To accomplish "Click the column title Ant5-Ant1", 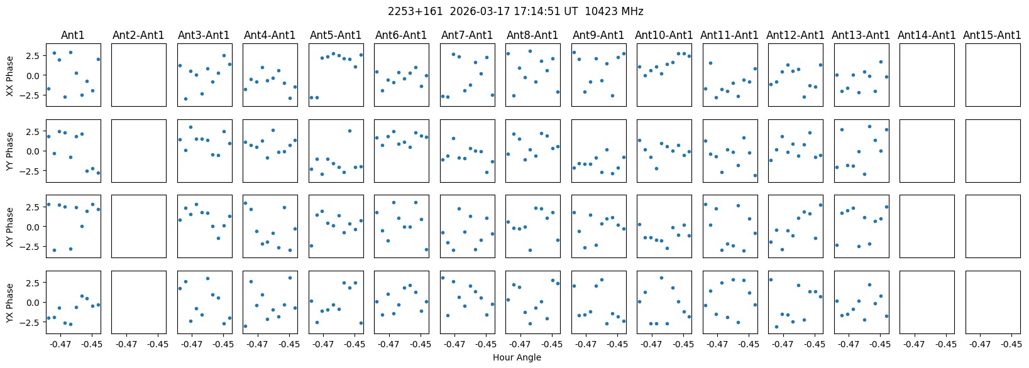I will click(x=336, y=35).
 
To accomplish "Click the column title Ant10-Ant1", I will click(x=664, y=35).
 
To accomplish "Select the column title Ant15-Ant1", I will click(x=992, y=35).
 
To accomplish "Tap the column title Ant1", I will click(x=73, y=35).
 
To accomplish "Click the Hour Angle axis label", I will click(x=517, y=358).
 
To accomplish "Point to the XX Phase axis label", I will click(x=9, y=75).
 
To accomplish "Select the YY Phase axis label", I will click(x=9, y=151).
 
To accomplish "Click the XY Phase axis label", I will click(x=9, y=227).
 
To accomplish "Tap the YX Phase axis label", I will click(x=9, y=302).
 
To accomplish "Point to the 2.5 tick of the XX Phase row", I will click(x=33, y=56).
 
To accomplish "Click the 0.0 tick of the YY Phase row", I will click(x=33, y=151).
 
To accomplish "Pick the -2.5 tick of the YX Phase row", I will click(x=31, y=322).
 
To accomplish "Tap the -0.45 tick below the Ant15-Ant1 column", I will click(x=1011, y=344).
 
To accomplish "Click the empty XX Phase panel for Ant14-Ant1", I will click(x=927, y=75).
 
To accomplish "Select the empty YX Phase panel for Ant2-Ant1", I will click(x=139, y=302).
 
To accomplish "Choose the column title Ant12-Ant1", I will click(x=795, y=35).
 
